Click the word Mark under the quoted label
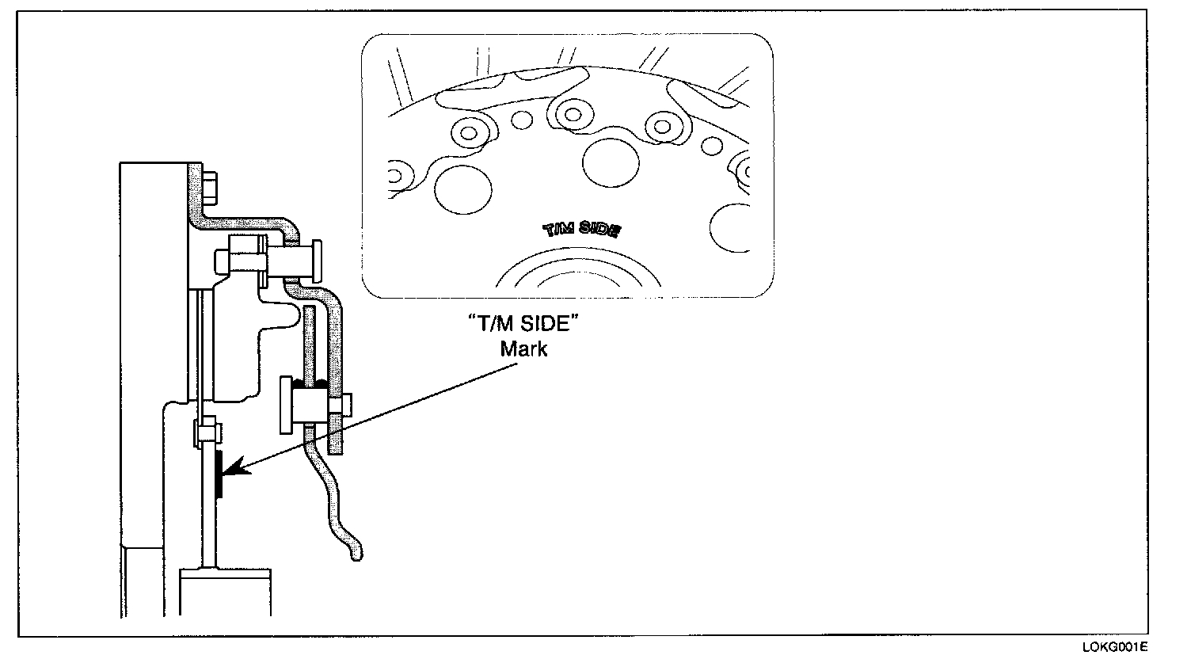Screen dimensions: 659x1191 pos(523,349)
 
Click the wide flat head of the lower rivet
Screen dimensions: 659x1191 pos(287,406)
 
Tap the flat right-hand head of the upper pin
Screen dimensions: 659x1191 pos(318,258)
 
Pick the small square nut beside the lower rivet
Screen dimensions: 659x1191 pos(336,406)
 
